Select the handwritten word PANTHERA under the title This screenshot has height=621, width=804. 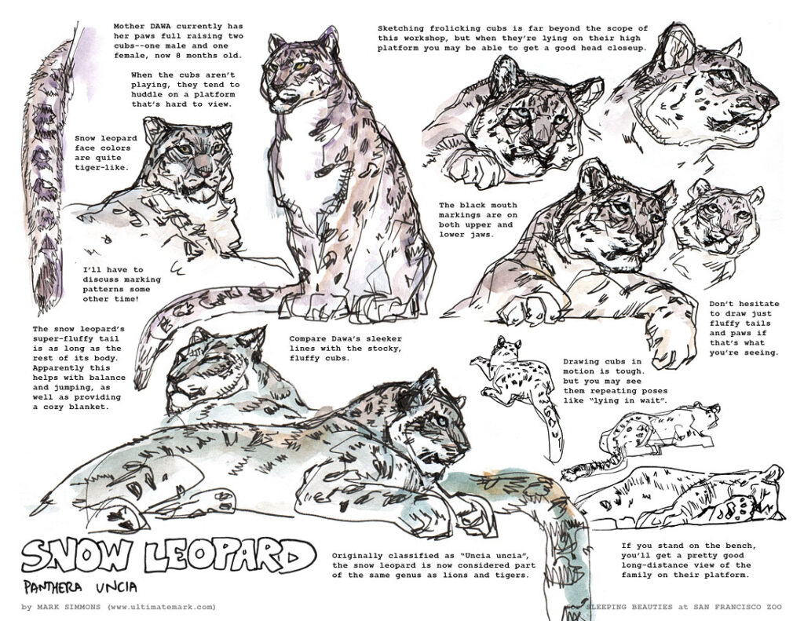tap(56, 587)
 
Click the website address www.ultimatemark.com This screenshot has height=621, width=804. tap(162, 607)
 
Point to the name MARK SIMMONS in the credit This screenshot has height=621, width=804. tap(69, 607)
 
